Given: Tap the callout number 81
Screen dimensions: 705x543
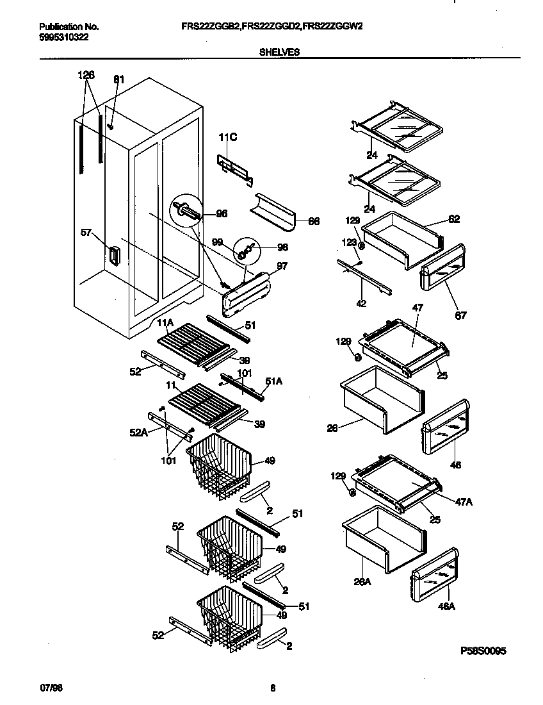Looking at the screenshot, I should tap(118, 79).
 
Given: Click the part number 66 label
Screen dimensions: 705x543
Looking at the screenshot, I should tap(314, 222).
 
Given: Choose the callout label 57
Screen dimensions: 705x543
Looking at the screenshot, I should tap(87, 233).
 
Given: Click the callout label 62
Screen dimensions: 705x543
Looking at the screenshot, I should tap(454, 219).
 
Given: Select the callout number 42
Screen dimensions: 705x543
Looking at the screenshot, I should tap(361, 303).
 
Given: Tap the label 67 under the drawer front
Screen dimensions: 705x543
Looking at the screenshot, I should tap(460, 315).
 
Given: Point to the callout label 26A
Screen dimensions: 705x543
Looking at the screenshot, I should tap(362, 582).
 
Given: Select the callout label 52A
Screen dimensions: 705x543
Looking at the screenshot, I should tap(138, 433).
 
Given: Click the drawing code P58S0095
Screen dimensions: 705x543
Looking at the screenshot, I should tap(483, 651).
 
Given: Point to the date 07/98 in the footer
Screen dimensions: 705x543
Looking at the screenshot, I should tap(49, 688).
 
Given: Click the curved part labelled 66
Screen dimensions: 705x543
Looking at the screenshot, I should tap(275, 211).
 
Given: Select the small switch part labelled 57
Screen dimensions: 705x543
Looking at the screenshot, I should tap(113, 256).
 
